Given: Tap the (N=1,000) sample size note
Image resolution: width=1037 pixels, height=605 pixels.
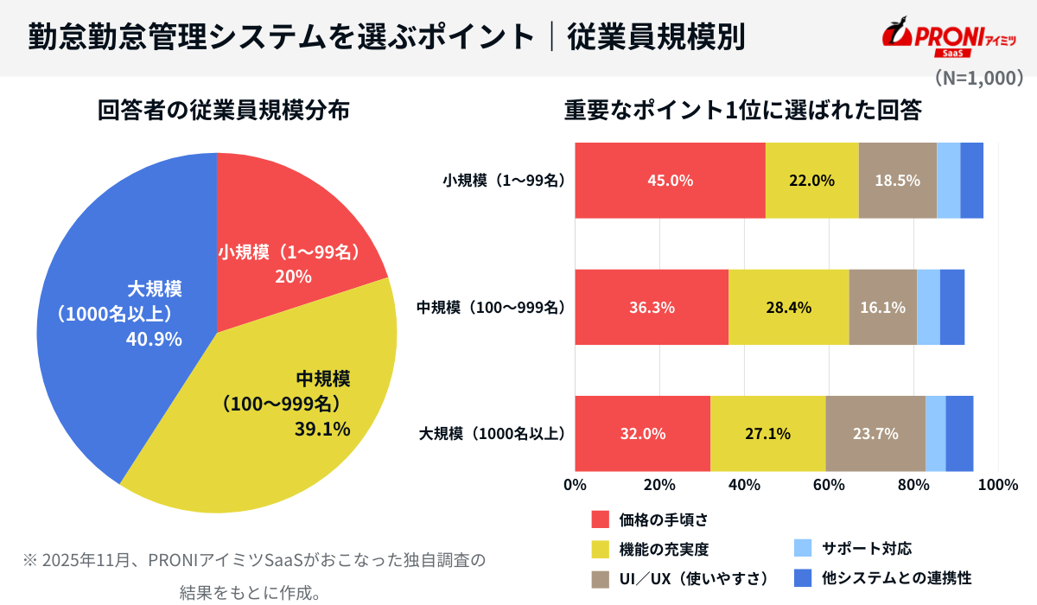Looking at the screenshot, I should point(978,78).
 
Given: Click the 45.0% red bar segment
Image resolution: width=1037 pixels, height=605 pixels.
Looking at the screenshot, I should point(670,181).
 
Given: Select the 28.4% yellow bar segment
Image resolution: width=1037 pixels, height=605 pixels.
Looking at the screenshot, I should point(788,307).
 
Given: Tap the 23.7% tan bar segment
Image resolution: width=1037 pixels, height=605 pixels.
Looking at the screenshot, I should point(875,433).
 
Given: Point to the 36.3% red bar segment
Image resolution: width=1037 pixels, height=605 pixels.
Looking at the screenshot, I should point(652,307).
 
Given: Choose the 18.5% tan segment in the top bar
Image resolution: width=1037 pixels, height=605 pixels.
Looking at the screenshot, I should point(898,181).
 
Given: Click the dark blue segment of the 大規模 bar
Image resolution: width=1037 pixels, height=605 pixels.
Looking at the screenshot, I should point(959,433).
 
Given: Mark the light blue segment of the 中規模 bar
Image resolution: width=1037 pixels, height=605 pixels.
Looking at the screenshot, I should point(928,307).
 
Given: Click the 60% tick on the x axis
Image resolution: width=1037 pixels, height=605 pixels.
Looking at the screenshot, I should point(829,485).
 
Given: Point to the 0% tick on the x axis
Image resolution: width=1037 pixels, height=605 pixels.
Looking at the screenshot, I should point(575,485).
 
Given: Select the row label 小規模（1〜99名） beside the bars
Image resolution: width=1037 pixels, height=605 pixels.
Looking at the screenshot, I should point(503,181).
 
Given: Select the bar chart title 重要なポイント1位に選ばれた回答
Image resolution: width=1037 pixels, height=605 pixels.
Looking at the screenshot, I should point(742,111).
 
